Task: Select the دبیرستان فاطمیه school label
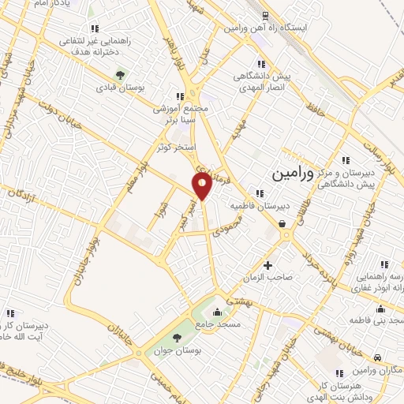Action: click(x=255, y=206)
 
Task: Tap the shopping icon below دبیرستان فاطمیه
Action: click(x=282, y=223)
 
